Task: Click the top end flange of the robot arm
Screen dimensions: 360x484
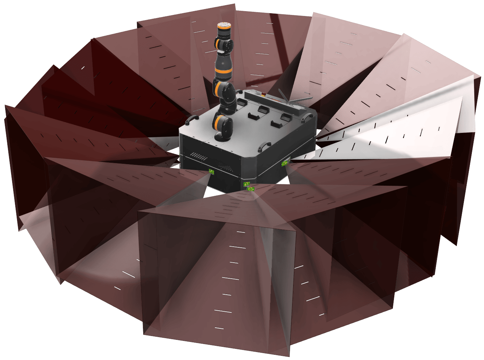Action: point(224,25)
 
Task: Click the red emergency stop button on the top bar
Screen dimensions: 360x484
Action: point(266,94)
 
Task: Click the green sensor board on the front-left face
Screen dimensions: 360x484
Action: point(211,171)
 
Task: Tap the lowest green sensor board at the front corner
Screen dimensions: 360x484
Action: point(251,189)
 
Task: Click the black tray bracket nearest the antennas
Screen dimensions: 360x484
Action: point(286,117)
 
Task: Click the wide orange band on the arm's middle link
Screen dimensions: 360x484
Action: point(223,72)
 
